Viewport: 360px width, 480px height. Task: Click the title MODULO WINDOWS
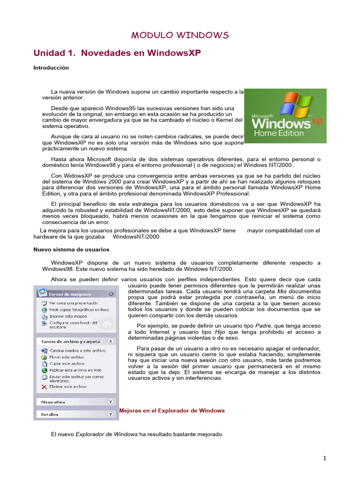(x=180, y=36)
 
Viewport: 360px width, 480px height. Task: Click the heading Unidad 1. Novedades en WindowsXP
(x=117, y=53)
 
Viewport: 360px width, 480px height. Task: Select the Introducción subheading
(x=51, y=68)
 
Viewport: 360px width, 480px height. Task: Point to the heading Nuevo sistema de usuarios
(x=71, y=250)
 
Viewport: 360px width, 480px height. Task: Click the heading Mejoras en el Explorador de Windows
(x=172, y=411)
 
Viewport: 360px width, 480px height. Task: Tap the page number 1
(x=324, y=458)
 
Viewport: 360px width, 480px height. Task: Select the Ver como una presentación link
(x=71, y=303)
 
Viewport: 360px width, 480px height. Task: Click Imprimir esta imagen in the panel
(x=68, y=316)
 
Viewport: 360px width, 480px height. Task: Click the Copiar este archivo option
(x=67, y=363)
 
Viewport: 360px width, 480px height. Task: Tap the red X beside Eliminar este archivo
(x=44, y=387)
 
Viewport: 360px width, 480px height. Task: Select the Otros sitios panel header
(x=53, y=402)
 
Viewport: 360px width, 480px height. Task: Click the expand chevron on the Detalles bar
(x=111, y=414)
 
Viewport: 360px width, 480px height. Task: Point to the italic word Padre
(x=262, y=325)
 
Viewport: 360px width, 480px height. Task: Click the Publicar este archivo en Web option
(x=75, y=370)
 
